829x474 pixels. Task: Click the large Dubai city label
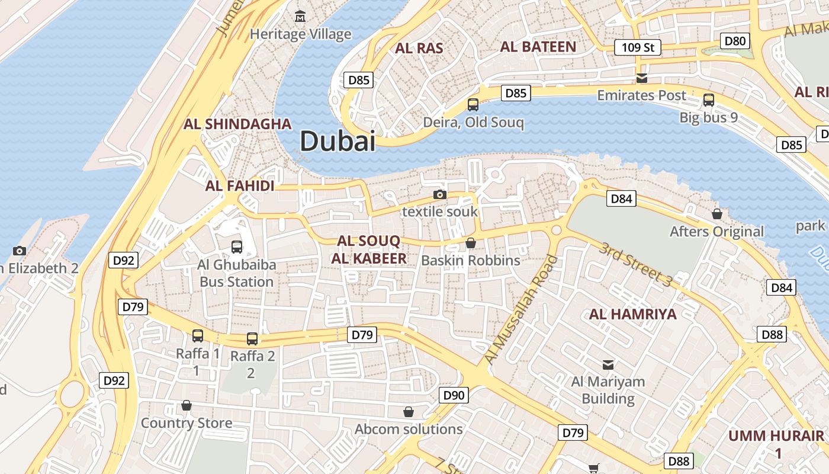pos(338,142)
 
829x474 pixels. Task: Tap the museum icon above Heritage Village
pos(301,16)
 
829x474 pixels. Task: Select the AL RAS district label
pos(419,48)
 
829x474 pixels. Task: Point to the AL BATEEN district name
pos(538,47)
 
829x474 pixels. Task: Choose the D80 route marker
pos(735,41)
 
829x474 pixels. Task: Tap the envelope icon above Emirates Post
pos(641,78)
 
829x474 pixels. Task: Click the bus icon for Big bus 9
pos(708,100)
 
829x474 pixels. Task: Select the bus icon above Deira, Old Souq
pos(473,105)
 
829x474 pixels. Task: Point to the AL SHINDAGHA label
pos(237,124)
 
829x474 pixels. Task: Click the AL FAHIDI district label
pos(240,186)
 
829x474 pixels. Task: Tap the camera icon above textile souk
pos(439,194)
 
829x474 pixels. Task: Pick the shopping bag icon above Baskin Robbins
pos(470,243)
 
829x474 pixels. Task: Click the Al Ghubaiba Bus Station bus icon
pos(236,246)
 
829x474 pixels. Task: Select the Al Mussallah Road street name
pos(520,310)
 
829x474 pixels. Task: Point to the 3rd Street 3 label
pos(635,264)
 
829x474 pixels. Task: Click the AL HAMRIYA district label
pos(632,314)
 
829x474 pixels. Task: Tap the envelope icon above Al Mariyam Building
pos(608,364)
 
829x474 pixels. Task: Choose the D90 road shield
pos(454,395)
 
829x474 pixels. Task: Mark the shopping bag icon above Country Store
pos(187,406)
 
